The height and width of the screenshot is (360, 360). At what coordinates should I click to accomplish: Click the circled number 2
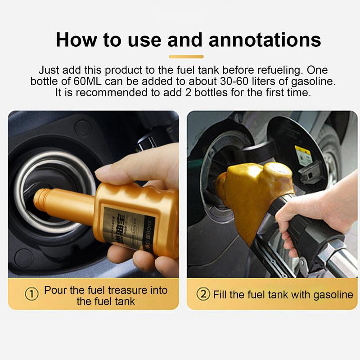(x=204, y=295)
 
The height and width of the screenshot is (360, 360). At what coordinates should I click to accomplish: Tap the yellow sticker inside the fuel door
(x=304, y=155)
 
